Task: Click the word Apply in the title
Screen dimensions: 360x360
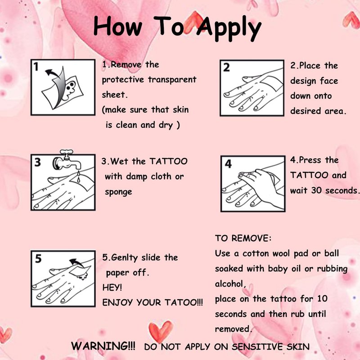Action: coord(229,29)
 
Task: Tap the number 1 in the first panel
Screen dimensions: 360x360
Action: coord(36,67)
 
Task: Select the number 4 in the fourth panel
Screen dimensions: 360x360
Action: coord(228,164)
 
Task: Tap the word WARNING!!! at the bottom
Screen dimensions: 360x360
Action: coord(103,346)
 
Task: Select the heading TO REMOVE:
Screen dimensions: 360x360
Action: coord(243,238)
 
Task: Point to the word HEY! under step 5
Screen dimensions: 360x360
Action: coord(112,287)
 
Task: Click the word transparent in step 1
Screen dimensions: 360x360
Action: coord(172,80)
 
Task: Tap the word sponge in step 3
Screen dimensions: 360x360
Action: coord(118,192)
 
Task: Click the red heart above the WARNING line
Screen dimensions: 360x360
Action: coord(161,331)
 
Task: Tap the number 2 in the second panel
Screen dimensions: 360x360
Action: coord(226,67)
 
